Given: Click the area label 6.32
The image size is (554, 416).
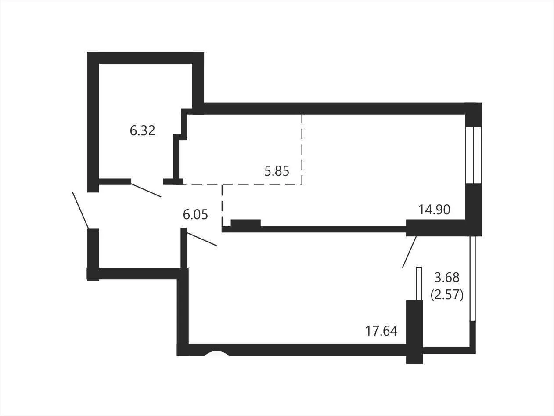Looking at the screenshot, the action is coord(142,130).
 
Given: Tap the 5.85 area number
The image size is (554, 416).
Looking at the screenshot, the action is coord(277,171).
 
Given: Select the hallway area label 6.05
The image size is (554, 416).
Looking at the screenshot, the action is coord(195,215).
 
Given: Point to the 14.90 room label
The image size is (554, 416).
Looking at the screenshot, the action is coord(434,210).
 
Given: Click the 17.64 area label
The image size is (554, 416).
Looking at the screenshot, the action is coord(381,331).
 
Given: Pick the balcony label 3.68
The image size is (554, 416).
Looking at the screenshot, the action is coord(447,278).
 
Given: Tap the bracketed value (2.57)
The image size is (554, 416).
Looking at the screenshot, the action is coord(447,295).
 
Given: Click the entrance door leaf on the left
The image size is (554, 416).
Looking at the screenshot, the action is coord(80,210).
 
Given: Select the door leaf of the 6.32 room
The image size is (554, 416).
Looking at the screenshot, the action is coord(146,190).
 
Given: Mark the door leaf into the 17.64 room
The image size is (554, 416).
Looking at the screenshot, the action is coord(202,239).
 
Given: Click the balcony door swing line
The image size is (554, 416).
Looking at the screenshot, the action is coord(410,252).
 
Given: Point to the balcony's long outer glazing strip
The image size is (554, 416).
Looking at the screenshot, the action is coord(472,279).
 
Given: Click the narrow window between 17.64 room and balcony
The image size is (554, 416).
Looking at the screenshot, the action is coord(419,283).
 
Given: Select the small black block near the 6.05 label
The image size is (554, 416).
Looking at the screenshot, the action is coord(245,223).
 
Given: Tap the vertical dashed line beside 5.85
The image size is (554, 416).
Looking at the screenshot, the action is coord(302,149).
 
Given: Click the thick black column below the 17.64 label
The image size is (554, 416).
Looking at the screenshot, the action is coord(414,332).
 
